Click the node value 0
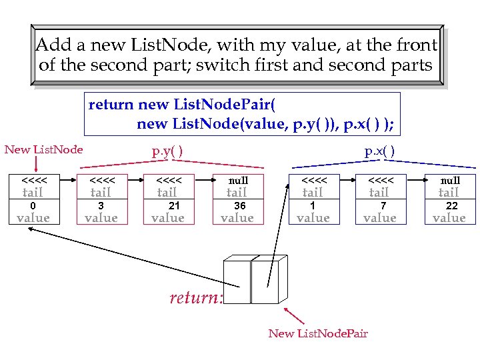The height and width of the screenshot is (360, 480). click(33, 206)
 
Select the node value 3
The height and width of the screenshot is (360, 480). click(101, 206)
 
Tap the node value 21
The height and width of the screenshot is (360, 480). click(174, 206)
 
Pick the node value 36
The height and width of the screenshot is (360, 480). click(239, 206)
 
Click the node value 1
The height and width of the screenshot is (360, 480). click(312, 206)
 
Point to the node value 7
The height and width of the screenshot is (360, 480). click(383, 206)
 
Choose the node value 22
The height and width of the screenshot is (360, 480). click(451, 206)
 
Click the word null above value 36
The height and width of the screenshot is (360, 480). click(238, 181)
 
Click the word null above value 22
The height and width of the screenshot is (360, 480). click(450, 181)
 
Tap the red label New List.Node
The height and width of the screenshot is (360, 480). click(44, 149)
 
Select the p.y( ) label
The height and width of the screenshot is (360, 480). click(168, 151)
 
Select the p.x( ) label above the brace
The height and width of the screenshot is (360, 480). click(379, 151)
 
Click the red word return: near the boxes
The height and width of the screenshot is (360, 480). click(195, 298)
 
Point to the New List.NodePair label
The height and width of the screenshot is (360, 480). click(318, 333)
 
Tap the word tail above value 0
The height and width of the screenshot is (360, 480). click(33, 193)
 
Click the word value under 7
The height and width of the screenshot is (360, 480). click(380, 218)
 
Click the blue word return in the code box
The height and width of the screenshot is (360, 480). click(111, 105)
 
